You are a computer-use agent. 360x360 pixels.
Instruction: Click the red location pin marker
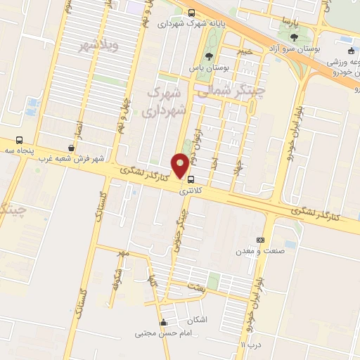click(x=181, y=165)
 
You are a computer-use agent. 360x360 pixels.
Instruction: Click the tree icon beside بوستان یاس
click(x=207, y=57)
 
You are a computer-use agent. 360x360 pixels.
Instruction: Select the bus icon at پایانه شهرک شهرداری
click(x=193, y=13)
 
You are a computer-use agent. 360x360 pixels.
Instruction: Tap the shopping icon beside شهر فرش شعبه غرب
click(x=72, y=148)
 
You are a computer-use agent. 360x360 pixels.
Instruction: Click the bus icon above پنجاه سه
click(x=19, y=139)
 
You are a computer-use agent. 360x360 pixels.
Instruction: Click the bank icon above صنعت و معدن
click(x=261, y=240)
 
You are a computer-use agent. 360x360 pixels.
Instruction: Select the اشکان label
click(x=199, y=320)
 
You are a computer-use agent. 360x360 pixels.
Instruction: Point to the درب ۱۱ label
click(x=250, y=345)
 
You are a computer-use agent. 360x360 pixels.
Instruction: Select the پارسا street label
click(x=283, y=21)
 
